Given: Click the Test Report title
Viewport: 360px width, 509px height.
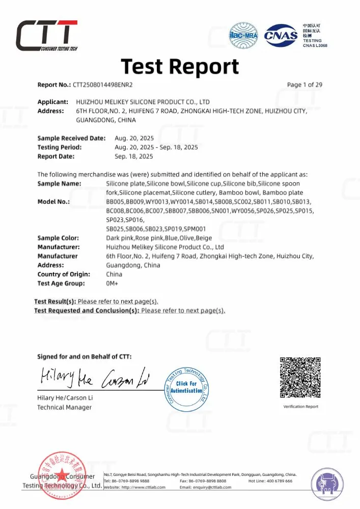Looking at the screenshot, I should click(180, 67).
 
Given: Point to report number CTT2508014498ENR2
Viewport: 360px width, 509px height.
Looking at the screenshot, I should click(106, 85).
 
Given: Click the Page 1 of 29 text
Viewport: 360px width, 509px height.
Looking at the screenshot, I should click(304, 85).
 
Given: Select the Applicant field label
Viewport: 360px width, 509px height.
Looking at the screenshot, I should click(53, 102).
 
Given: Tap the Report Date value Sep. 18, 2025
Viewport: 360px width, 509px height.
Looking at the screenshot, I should click(134, 156).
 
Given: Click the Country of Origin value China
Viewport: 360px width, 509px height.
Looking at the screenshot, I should click(114, 274).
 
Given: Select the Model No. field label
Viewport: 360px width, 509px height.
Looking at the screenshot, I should click(53, 202).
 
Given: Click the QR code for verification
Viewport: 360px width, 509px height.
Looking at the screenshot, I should click(300, 377).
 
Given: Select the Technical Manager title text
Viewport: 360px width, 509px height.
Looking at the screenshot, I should click(64, 407).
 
